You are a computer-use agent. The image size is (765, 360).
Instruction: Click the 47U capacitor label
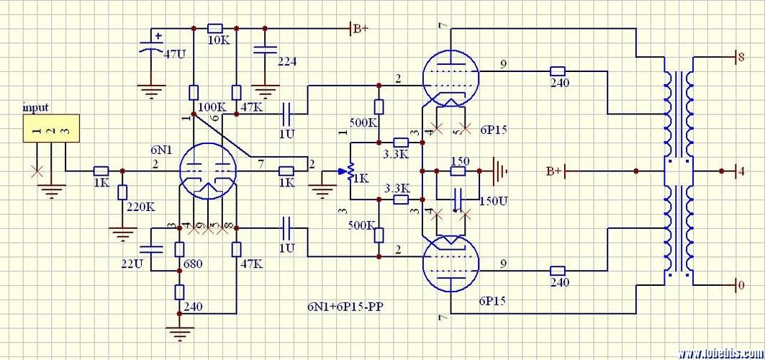175,54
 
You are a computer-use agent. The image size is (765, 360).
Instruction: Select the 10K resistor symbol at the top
215,28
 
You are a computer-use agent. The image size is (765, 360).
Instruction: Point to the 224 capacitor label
287,62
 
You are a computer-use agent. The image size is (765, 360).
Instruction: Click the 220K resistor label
141,207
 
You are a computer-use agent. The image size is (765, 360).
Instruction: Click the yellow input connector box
49,128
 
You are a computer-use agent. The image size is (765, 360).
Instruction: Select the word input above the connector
35,107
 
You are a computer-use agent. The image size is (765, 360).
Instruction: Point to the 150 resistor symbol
458,172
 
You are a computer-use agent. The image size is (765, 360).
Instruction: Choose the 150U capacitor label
493,200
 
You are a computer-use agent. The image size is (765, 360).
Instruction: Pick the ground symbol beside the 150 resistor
499,172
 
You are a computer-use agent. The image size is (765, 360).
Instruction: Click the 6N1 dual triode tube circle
208,171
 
